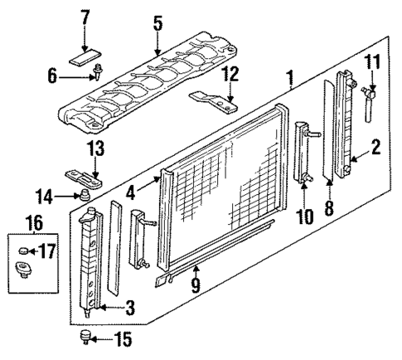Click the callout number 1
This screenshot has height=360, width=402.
tap(291, 80)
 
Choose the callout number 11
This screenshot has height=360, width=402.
tap(372, 63)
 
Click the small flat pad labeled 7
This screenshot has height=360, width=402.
tap(84, 58)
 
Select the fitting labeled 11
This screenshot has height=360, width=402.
tap(367, 103)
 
